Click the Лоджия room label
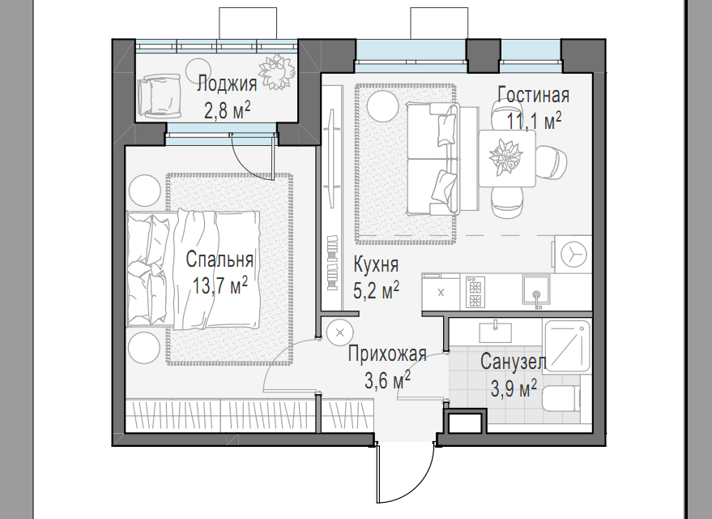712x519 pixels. tap(227, 84)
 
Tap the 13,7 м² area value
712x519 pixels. tap(220, 285)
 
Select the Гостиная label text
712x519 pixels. tap(533, 95)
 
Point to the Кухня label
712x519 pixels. tap(376, 265)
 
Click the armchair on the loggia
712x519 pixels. tap(160, 94)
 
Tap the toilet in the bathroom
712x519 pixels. tap(562, 398)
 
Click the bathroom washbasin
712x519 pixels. tap(495, 331)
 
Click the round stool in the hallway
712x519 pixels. tap(339, 332)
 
